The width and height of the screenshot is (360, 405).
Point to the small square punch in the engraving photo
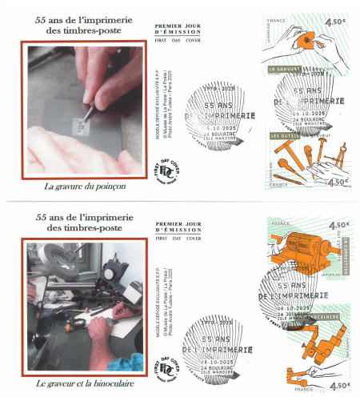[x=80, y=124]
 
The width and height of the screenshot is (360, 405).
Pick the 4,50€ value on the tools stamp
[x=337, y=182]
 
